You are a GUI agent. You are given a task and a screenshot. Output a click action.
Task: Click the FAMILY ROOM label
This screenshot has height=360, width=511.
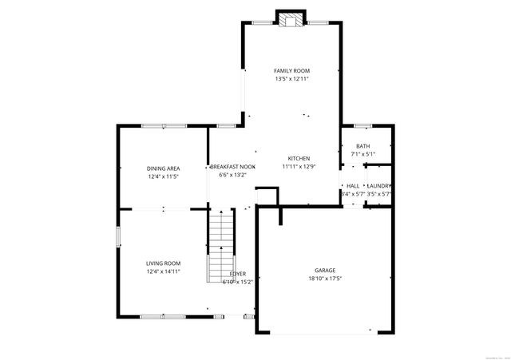[x=291, y=71]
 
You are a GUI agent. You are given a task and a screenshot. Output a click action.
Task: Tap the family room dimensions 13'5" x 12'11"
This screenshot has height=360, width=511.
[x=291, y=79]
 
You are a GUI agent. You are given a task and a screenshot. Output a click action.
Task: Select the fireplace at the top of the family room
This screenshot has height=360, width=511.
[x=291, y=18]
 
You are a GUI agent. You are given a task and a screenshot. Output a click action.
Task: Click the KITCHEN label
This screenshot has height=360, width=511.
[x=299, y=159]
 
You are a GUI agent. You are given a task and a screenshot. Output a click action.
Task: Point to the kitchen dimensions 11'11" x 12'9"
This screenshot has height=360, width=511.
[x=299, y=167]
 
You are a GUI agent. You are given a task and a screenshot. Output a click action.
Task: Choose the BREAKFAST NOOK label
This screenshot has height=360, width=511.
[x=232, y=167]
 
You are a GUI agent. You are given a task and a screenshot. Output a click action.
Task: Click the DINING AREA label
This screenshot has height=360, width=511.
[x=163, y=168]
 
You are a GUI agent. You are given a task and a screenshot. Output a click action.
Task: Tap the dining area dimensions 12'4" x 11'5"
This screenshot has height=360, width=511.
[x=163, y=176]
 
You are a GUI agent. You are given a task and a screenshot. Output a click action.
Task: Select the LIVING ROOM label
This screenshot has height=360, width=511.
[x=163, y=263]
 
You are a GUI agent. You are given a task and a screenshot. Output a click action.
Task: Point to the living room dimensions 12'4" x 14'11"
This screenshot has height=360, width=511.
[x=163, y=271]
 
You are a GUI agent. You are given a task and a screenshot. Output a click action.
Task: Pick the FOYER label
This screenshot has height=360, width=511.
[x=238, y=274]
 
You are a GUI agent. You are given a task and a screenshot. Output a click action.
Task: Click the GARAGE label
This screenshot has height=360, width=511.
[x=324, y=270]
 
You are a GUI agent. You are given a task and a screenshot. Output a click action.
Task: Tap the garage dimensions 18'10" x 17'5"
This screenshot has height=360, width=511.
[x=324, y=278]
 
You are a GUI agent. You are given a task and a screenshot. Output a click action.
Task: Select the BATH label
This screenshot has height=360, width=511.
[x=362, y=146]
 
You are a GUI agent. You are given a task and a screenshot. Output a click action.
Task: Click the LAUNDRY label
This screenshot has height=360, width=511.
[x=378, y=186]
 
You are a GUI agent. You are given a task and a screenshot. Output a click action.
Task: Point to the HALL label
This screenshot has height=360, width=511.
[x=352, y=186]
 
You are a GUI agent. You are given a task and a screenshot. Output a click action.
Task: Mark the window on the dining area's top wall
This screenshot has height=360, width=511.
[x=164, y=126]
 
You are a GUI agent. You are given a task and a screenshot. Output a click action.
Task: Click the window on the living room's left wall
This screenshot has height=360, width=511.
[x=118, y=236]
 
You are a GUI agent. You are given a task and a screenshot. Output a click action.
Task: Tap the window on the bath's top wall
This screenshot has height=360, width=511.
[x=362, y=125]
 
